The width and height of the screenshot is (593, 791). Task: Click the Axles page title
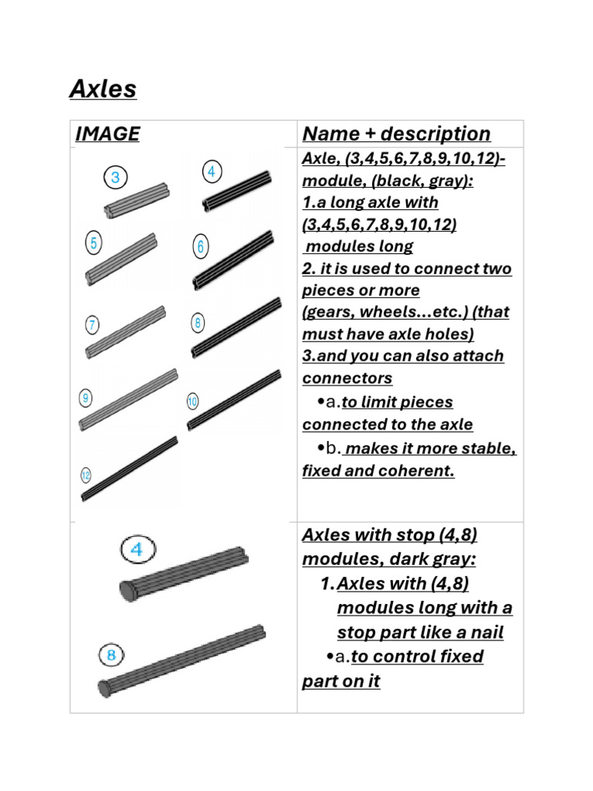click(103, 90)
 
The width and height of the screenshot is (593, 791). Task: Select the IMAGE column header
click(107, 134)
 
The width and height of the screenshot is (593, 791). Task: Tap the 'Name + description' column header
click(396, 134)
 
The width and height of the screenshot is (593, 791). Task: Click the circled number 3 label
click(115, 178)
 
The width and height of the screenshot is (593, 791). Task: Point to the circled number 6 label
click(200, 247)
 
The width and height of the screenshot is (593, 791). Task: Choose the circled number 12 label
click(86, 476)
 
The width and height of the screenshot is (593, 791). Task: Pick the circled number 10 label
click(192, 401)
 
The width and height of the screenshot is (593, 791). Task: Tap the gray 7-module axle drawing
click(125, 332)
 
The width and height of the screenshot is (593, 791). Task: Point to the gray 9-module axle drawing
click(127, 399)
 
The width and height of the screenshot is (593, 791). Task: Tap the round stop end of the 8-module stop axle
click(105, 687)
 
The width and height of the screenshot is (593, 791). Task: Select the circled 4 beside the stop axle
click(137, 551)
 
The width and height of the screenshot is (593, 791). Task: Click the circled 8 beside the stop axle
click(111, 656)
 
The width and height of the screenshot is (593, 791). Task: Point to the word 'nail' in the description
click(487, 633)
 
